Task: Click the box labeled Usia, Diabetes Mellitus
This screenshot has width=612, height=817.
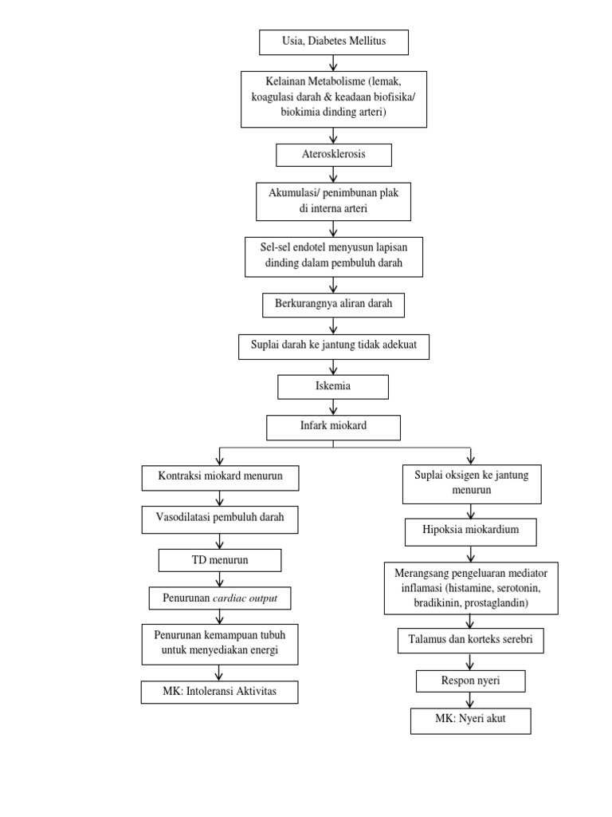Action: (x=333, y=41)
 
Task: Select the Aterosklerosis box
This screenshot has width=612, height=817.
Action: (x=333, y=154)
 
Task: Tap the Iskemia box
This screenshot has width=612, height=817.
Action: (x=333, y=387)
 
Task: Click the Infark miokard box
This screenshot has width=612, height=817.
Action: (x=333, y=426)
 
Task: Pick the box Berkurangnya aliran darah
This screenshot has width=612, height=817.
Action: (x=333, y=305)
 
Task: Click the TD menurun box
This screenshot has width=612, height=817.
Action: (x=220, y=560)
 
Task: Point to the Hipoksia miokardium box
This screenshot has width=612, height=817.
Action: (x=470, y=531)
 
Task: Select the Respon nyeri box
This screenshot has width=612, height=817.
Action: (x=470, y=681)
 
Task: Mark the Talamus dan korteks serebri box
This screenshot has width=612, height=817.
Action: (x=470, y=640)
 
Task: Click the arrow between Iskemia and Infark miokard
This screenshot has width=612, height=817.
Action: (x=333, y=407)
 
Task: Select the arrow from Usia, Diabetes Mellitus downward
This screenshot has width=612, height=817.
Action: (x=333, y=62)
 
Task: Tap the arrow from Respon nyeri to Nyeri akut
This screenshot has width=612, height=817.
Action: (x=470, y=701)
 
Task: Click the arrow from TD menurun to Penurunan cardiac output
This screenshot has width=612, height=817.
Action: (x=220, y=579)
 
